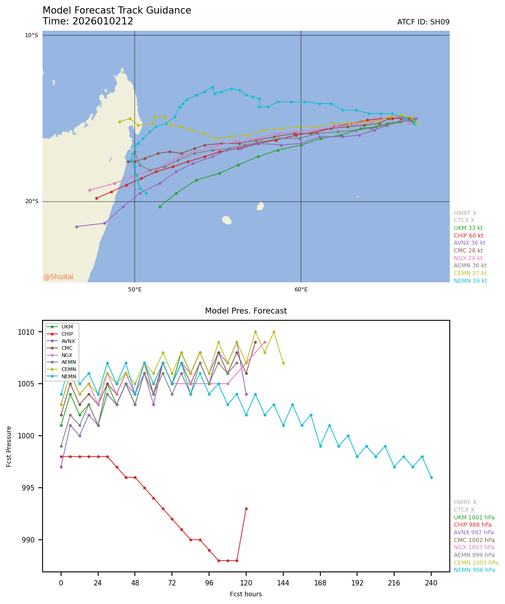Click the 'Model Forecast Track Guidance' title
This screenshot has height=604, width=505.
[x=117, y=10]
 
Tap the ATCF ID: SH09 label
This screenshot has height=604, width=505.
[x=423, y=22]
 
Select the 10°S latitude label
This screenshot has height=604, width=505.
[x=31, y=35]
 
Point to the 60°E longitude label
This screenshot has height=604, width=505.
[x=301, y=290]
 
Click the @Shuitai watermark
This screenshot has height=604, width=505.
[x=58, y=277]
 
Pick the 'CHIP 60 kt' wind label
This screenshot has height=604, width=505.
[x=468, y=236]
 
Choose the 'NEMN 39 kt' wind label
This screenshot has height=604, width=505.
[x=470, y=281]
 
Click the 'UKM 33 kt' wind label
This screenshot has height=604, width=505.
[x=468, y=228]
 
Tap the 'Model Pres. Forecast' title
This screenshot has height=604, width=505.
[x=246, y=311]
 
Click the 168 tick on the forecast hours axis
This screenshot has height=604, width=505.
[x=320, y=583]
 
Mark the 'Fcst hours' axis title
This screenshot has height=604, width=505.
[x=246, y=594]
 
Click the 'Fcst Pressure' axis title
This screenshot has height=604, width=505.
[x=9, y=446]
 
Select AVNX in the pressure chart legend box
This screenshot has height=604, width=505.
[x=68, y=341]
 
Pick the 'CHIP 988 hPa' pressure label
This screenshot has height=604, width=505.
[x=472, y=525]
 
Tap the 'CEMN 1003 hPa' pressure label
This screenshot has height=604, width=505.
[x=476, y=562]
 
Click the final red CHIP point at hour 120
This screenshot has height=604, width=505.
[x=246, y=509]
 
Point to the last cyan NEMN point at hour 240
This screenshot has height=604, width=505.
[x=431, y=477]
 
